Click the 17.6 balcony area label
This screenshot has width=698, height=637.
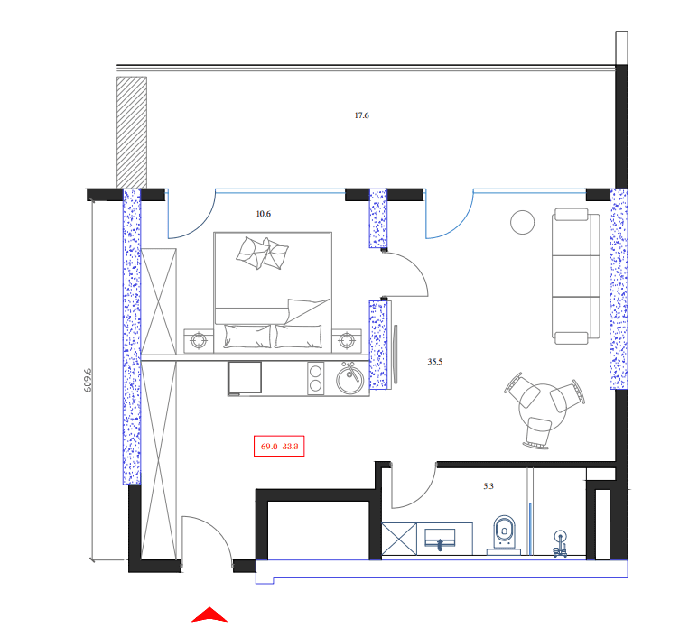tap(361, 115)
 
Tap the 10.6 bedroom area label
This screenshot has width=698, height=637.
tap(264, 214)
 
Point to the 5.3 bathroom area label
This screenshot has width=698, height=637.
tap(489, 486)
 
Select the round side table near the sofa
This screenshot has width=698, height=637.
tap(523, 222)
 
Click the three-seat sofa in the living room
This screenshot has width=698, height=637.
tap(576, 276)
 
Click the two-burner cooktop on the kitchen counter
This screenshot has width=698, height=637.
tap(316, 378)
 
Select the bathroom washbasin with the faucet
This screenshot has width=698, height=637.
tap(442, 538)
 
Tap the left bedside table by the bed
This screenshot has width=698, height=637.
tap(199, 340)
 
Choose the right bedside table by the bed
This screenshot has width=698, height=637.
tap(348, 340)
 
